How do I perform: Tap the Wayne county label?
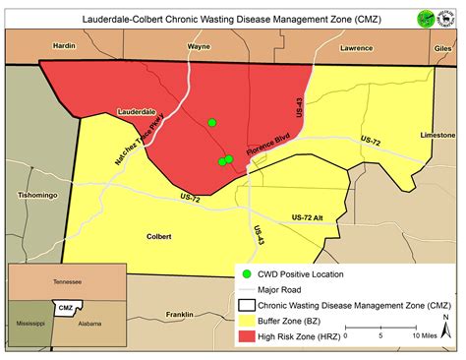(x=199, y=45)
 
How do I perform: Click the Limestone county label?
(x=437, y=134)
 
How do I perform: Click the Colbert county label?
(x=157, y=236)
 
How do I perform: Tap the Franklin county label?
(x=179, y=315)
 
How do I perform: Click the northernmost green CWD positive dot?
(x=211, y=123)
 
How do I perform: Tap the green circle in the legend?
(x=248, y=272)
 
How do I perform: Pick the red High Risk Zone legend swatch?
(x=248, y=336)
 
